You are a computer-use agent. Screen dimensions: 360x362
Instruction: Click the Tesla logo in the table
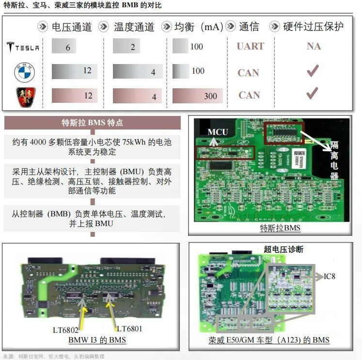pos(23,47)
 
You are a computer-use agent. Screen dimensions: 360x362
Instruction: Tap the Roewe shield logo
pos(24,96)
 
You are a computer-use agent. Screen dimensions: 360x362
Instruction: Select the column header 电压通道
pos(71,27)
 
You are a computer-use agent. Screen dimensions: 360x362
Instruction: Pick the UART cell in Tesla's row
pos(250,47)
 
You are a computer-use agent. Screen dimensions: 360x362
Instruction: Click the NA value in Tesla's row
pos(314,47)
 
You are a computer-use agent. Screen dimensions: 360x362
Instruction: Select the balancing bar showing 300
pos(197,96)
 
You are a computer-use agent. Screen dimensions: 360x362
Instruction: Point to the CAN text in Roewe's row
pos(249,95)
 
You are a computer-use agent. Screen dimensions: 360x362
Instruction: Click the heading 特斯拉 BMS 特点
pos(92,123)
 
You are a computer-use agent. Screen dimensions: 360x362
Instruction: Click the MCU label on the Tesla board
pos(218,132)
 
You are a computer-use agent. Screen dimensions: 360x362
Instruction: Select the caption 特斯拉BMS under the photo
pos(280,228)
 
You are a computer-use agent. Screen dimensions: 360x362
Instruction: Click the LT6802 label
pos(65,329)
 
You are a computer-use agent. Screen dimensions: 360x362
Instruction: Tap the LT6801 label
pos(129,329)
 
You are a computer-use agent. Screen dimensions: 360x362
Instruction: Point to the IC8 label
pos(330,276)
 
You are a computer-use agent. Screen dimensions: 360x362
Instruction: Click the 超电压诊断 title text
pos(283,249)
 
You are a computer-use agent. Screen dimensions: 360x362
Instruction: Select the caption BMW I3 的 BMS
pos(97,340)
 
